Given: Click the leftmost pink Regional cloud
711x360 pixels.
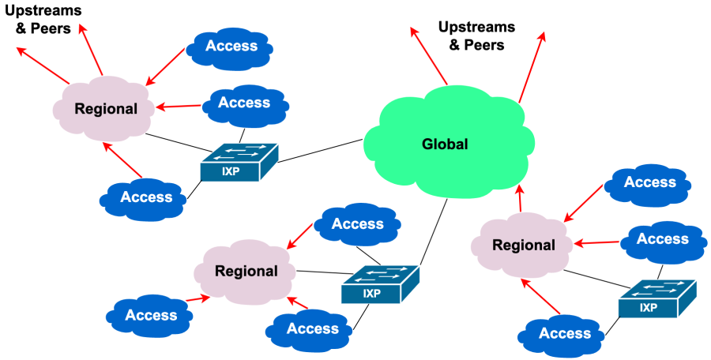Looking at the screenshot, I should (x=105, y=109).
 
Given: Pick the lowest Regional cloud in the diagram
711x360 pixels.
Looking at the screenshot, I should (x=246, y=272).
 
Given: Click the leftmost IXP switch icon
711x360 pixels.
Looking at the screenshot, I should (x=239, y=162).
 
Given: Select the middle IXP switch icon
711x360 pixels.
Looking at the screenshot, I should (x=380, y=284).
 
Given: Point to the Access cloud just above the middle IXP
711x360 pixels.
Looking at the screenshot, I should (x=357, y=224).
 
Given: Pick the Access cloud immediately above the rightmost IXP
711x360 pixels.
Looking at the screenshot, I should (x=662, y=239).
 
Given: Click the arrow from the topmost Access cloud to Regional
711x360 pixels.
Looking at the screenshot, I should (x=166, y=66).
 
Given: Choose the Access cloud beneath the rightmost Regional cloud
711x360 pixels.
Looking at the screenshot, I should (x=564, y=334).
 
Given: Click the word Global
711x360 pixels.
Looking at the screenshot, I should (x=445, y=144).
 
